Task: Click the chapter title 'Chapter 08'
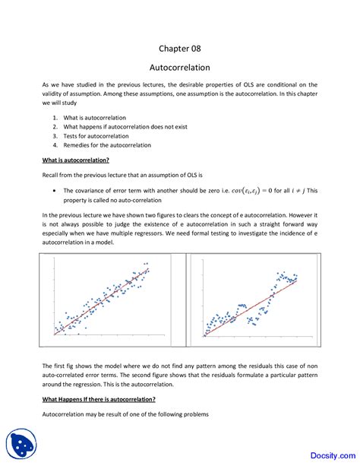[180, 48]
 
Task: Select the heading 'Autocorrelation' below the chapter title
[180, 67]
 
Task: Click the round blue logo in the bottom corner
[23, 444]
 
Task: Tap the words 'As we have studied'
[72, 84]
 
